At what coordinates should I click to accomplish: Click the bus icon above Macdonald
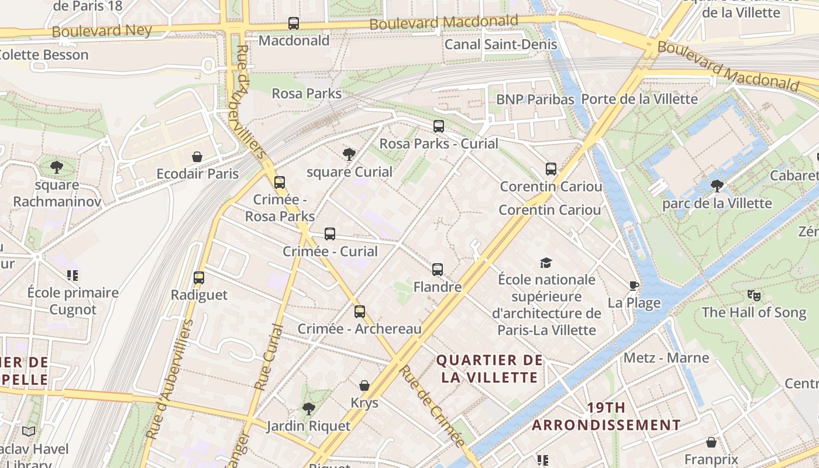(294, 23)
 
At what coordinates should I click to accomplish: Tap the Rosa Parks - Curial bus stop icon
(438, 126)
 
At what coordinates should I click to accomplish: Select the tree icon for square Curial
(349, 154)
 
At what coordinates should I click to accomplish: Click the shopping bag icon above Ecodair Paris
(197, 157)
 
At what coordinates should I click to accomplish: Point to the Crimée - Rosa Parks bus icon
(280, 183)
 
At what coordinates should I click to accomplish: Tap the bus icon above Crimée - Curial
(330, 234)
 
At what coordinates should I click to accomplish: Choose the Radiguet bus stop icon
(199, 278)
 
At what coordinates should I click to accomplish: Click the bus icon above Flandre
(438, 270)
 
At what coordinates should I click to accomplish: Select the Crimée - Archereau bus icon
(360, 312)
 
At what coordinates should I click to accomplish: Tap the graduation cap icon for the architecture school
(546, 263)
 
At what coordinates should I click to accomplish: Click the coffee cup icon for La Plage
(634, 285)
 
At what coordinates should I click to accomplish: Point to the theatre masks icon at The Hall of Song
(753, 295)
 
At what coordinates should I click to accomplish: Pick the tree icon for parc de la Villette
(717, 186)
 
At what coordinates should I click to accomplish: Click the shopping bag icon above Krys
(364, 386)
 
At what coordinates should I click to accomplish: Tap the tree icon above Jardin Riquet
(308, 408)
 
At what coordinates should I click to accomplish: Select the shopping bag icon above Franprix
(711, 442)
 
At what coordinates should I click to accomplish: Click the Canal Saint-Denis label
(501, 44)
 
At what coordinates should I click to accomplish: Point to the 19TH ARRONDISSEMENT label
(606, 416)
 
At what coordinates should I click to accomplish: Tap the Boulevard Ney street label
(102, 31)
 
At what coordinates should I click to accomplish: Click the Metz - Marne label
(666, 357)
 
